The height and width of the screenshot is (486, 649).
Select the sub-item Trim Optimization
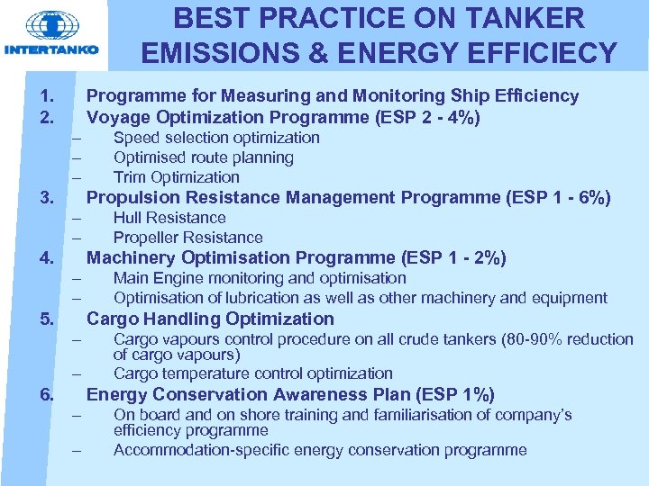point(176,177)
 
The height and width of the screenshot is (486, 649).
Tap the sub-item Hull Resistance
point(169,218)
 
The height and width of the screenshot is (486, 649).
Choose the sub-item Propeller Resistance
point(187,238)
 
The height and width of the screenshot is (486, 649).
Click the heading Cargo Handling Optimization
point(209,319)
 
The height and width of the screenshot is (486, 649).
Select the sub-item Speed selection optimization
point(216,138)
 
